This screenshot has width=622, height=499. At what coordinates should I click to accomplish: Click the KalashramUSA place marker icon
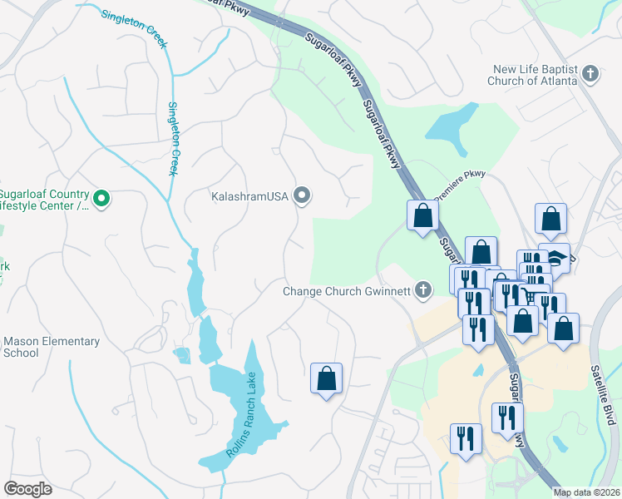tap(302, 196)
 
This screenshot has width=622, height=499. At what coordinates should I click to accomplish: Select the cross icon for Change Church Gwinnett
tap(423, 290)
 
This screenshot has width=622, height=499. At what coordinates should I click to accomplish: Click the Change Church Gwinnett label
tap(346, 291)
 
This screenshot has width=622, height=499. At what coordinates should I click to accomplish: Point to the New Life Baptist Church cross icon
tap(590, 74)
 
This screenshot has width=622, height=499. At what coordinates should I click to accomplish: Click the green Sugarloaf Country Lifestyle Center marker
tap(101, 198)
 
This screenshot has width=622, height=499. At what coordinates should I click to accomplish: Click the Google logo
tap(27, 488)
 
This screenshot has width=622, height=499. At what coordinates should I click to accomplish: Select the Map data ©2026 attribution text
tap(586, 492)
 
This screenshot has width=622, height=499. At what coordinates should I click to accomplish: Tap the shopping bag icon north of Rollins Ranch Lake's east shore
tap(326, 378)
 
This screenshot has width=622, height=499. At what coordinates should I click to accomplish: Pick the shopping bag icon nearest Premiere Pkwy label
tap(422, 215)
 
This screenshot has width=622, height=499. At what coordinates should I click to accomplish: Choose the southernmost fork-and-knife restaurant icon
tap(466, 438)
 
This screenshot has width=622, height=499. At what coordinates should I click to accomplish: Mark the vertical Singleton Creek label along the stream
tap(173, 138)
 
